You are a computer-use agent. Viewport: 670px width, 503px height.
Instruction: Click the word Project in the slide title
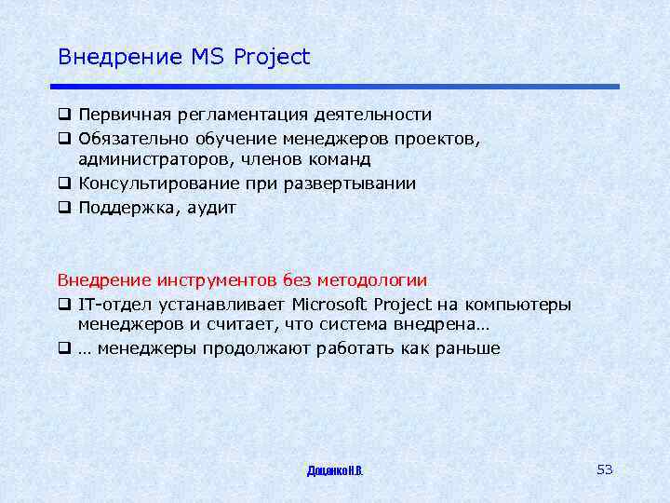click(272, 58)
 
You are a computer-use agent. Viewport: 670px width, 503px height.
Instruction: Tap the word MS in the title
click(209, 57)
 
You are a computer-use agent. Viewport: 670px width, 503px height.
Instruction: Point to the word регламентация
click(233, 116)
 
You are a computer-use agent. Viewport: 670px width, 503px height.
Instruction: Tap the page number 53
click(605, 469)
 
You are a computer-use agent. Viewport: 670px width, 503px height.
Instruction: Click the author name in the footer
click(335, 471)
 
